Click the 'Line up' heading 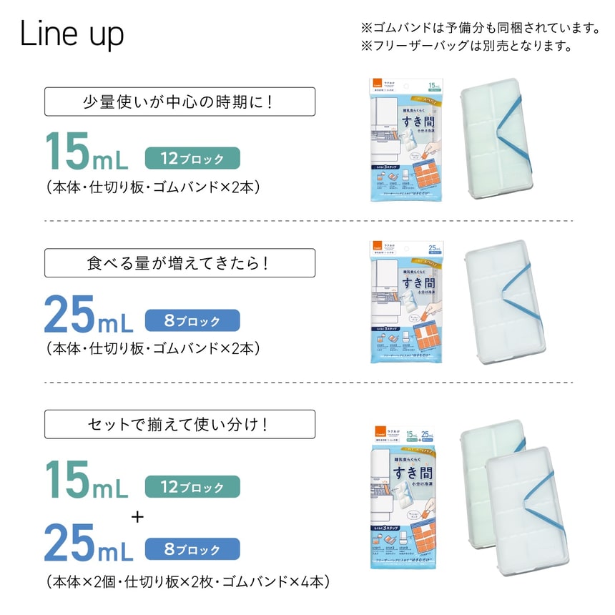click(72, 34)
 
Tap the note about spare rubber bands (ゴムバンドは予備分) click(479, 29)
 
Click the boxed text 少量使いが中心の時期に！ click(179, 102)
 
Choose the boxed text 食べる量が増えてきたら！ click(179, 262)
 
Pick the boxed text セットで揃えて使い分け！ click(179, 424)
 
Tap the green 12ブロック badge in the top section click(192, 159)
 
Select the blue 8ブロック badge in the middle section click(192, 321)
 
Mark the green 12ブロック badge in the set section click(192, 487)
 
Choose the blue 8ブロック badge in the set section click(192, 549)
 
